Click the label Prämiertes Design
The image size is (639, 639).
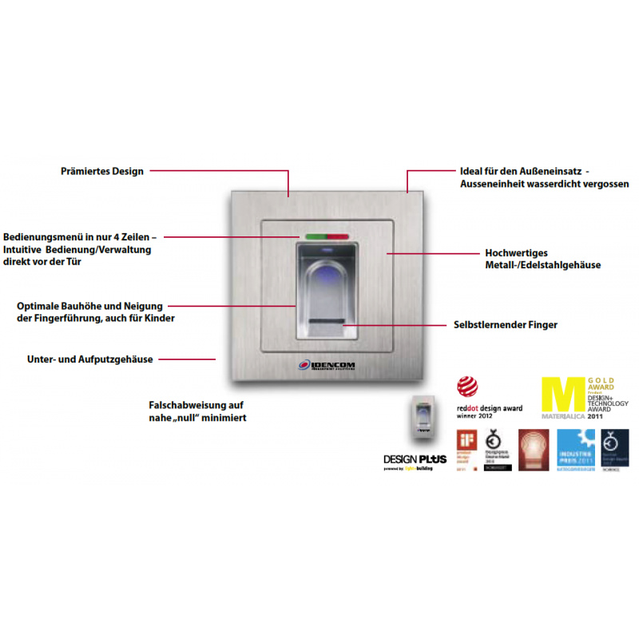101,171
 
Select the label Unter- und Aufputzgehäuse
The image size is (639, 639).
90,359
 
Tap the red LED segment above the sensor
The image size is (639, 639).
337,236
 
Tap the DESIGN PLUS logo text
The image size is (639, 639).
413,459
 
